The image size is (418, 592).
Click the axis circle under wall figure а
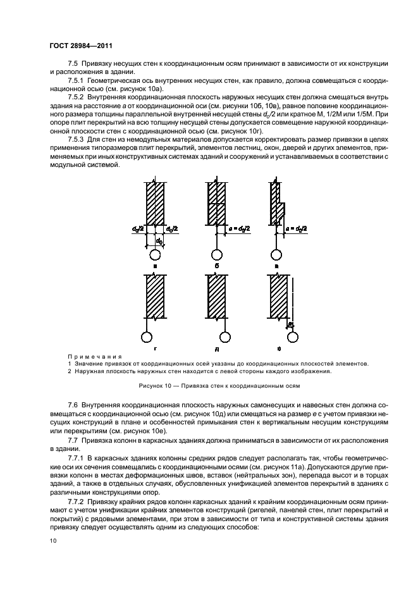[156, 256]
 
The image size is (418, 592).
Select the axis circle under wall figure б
[216, 256]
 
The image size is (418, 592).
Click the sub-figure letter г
[154, 348]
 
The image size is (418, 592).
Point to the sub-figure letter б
[216, 267]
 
